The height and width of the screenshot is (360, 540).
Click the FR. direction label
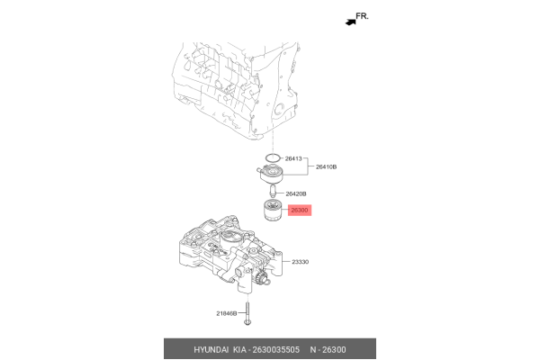coord(363,16)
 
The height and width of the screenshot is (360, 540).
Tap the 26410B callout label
coord(326,167)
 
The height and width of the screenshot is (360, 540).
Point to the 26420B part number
coord(296,193)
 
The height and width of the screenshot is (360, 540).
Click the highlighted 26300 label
coord(299,211)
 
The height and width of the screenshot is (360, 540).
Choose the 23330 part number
coord(300,262)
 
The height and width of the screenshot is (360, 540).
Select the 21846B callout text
coord(226,313)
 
